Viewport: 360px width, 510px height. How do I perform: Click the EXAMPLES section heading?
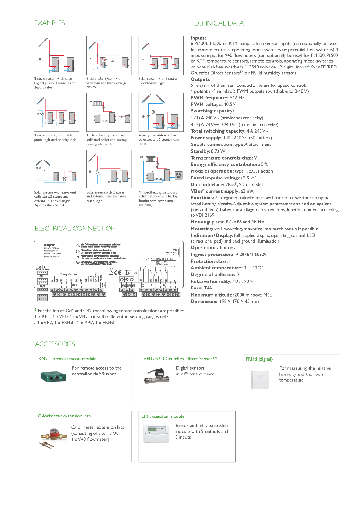[x=50, y=23]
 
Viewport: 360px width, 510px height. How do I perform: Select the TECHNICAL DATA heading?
[x=217, y=23]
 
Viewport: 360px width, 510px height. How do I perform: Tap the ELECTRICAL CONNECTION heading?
[x=75, y=229]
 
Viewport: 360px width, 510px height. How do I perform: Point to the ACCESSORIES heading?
[x=55, y=344]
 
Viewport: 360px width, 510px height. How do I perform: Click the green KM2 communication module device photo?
[x=53, y=376]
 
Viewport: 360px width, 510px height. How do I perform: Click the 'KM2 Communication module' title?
[x=67, y=359]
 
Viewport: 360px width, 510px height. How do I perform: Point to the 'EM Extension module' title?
[x=163, y=416]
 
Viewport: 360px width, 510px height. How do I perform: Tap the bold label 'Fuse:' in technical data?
[x=197, y=288]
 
